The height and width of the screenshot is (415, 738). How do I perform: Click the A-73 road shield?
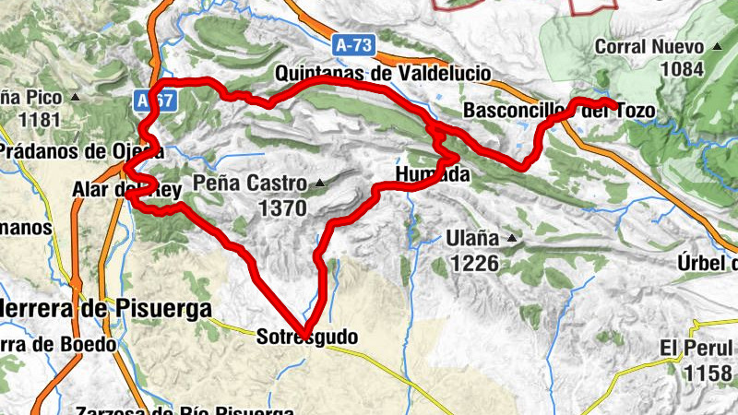pos(356,43)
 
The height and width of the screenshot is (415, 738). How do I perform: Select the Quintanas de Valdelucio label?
pos(383,74)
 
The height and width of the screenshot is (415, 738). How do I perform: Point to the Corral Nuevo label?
pos(650,45)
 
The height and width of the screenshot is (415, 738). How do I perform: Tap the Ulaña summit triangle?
pos(510,241)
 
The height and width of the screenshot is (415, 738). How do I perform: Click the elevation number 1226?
pos(475,264)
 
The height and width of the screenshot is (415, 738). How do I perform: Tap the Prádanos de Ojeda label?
pos(81,150)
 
